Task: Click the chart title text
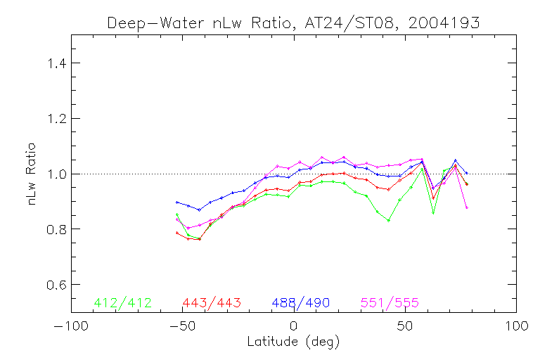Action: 293,22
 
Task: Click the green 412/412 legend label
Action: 122,303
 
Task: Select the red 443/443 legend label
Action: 212,303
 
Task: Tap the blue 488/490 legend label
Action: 301,303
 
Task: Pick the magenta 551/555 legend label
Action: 390,303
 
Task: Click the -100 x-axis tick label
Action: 70,326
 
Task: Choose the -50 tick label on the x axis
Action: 182,326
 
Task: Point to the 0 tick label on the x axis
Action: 294,326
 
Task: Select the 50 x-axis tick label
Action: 405,326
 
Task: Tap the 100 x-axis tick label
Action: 517,326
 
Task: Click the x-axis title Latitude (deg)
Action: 293,342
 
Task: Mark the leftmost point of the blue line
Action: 177,202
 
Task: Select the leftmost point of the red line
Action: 177,232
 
